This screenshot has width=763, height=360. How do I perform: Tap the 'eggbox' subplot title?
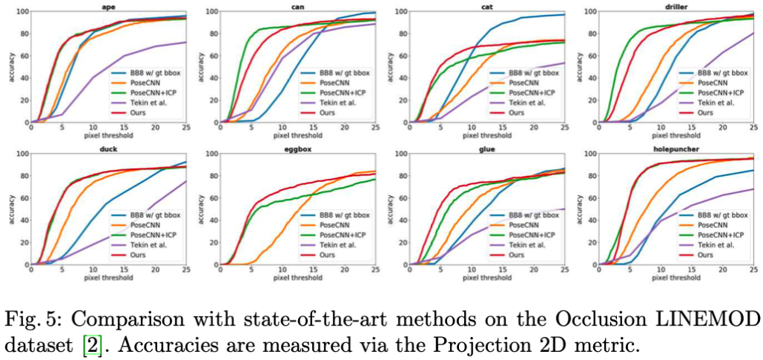[x=299, y=148]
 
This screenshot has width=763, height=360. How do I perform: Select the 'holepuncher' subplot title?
[x=680, y=148]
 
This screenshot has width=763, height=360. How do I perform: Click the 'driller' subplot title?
[x=680, y=6]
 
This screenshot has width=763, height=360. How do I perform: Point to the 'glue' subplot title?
[x=489, y=148]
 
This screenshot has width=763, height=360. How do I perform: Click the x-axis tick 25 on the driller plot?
[x=753, y=128]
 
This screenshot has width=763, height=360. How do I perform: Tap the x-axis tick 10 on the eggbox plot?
[x=282, y=270]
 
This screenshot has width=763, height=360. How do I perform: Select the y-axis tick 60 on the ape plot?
[x=21, y=56]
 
